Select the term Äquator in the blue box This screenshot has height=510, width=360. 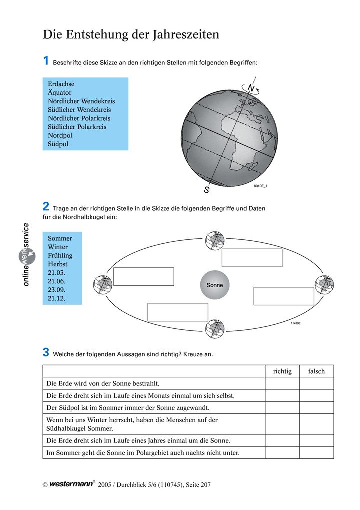click(x=60, y=93)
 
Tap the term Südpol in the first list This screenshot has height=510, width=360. click(x=58, y=144)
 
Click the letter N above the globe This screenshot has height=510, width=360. click(x=251, y=88)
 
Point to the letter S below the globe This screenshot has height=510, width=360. click(x=206, y=189)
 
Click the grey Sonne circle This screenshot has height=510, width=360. click(x=215, y=285)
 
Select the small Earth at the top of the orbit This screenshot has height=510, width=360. click(x=215, y=240)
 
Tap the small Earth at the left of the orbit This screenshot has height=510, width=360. click(x=103, y=285)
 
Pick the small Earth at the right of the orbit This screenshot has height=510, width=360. click(x=324, y=285)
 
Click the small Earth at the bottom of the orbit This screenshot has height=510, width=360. click(x=215, y=329)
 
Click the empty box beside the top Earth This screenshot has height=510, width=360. click(x=252, y=258)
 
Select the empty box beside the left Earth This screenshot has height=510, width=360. click(x=144, y=276)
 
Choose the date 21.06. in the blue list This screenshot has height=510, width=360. click(x=56, y=281)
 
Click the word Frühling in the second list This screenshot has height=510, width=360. click(x=60, y=256)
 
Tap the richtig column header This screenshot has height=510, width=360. click(x=282, y=371)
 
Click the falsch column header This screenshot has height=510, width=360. click(x=317, y=371)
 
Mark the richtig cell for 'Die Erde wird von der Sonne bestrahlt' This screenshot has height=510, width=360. click(x=282, y=383)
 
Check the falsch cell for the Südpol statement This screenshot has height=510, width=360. click(x=317, y=408)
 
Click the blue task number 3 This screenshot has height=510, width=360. click(x=46, y=352)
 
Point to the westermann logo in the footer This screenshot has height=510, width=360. click(x=72, y=484)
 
